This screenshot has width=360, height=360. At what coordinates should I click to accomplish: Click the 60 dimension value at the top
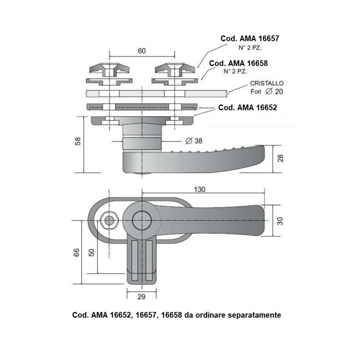coord(142,51)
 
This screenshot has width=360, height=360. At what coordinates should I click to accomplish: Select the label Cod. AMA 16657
coord(250,39)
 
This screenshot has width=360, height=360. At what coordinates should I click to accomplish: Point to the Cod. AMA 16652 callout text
coord(247,108)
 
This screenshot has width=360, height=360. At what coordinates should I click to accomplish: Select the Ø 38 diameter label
coord(193,140)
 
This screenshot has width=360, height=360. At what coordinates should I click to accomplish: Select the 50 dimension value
coord(92,252)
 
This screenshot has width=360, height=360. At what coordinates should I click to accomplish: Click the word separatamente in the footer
coord(255,315)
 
